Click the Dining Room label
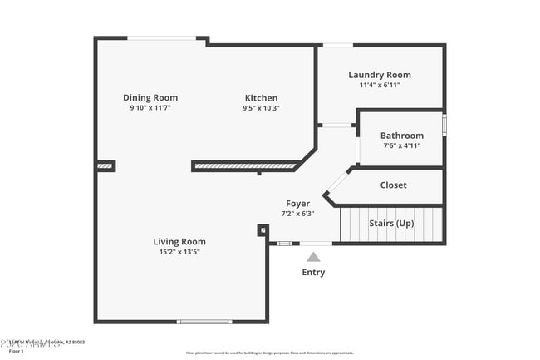tap(150, 97)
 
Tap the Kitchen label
tap(261, 97)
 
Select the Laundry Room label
tap(379, 75)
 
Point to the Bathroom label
tap(401, 136)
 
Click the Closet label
tap(393, 185)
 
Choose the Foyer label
tap(297, 203)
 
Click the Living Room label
tap(179, 242)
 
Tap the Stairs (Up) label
tap(392, 224)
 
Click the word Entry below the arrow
tap(313, 272)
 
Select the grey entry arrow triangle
tap(313, 258)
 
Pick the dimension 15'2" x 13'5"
tap(179, 252)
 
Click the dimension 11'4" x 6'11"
tap(379, 85)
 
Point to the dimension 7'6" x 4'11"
tap(401, 145)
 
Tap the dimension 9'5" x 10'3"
tap(261, 107)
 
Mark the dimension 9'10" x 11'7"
tap(150, 107)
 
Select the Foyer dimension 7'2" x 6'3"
tap(297, 213)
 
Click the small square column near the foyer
tap(263, 230)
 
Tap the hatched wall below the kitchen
tap(245, 166)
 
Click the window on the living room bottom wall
tap(204, 322)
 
